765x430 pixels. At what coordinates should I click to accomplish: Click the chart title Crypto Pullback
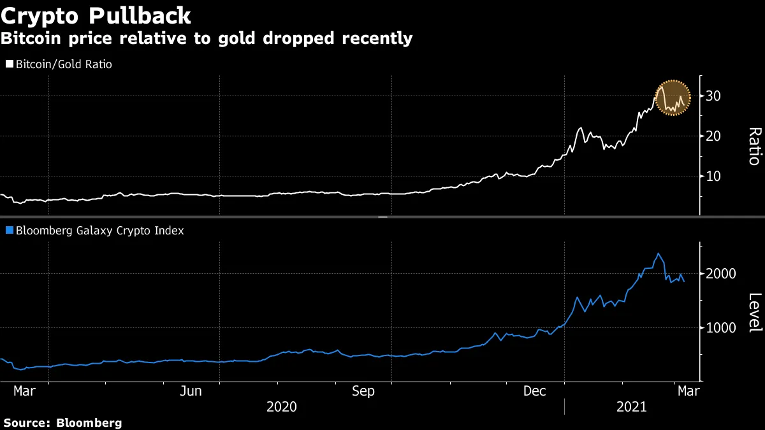95,15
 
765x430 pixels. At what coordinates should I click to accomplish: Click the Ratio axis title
754,146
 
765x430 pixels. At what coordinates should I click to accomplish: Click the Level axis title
754,312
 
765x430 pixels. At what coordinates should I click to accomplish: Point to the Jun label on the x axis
192,391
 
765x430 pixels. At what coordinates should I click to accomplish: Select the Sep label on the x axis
364,391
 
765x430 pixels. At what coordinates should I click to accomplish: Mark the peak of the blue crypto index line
658,254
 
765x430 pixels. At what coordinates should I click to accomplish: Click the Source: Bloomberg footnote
62,422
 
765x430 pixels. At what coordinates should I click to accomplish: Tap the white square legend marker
9,64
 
